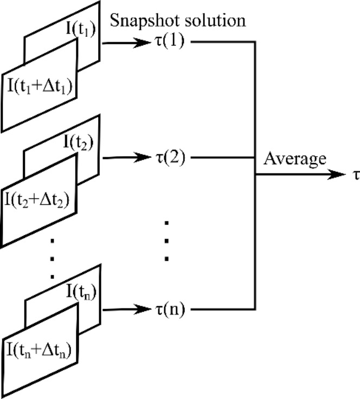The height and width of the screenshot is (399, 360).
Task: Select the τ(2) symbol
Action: (169, 158)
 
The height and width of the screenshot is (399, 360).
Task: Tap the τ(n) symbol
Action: (169, 311)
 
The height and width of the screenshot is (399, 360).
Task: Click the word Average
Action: (295, 159)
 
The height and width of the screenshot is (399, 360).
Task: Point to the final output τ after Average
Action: (356, 175)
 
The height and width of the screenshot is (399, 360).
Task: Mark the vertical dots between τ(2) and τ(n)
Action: (168, 240)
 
